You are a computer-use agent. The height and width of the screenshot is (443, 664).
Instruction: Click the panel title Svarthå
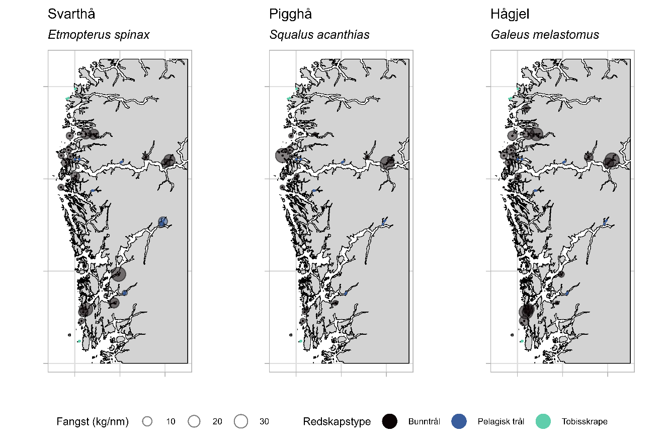71,15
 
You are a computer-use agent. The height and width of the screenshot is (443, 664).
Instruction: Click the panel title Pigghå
290,15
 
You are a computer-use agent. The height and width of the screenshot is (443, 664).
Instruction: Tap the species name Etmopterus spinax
99,35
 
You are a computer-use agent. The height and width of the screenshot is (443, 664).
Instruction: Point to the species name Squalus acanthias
319,35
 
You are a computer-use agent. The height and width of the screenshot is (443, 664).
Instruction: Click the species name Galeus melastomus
545,35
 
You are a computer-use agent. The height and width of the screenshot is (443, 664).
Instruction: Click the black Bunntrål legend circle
390,421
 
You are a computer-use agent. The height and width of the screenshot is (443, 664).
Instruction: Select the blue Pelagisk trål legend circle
459,421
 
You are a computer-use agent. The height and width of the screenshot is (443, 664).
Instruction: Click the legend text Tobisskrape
585,422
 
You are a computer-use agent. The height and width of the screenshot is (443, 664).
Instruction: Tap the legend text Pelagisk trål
501,422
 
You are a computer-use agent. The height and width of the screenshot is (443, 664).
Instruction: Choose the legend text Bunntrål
424,422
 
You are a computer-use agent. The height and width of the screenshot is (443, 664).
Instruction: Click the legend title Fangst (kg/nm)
93,422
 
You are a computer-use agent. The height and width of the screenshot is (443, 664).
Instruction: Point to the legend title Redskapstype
337,422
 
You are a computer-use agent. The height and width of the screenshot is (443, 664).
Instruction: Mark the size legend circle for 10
147,421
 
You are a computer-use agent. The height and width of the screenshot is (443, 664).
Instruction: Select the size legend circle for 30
241,421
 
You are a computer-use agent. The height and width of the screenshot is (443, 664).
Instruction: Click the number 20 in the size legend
217,422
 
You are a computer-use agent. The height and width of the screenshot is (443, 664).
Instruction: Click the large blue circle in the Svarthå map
162,221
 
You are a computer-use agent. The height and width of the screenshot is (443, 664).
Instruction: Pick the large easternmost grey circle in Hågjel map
611,160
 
